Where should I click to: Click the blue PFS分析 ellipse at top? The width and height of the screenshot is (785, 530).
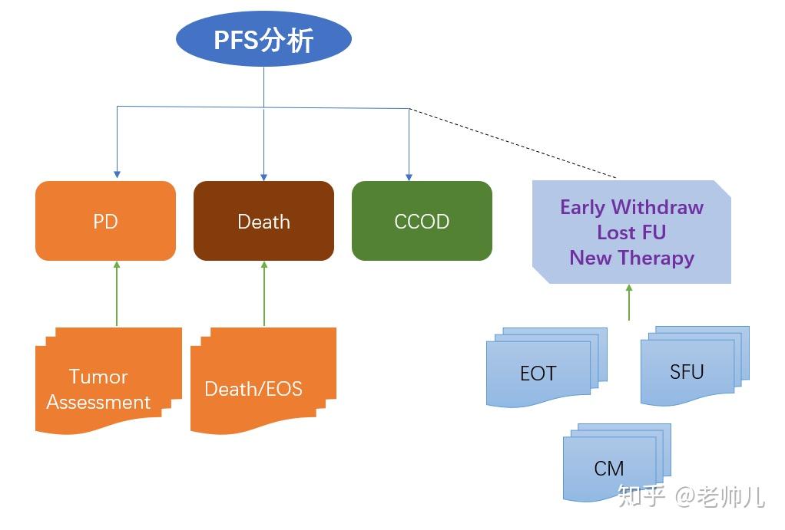click(x=263, y=39)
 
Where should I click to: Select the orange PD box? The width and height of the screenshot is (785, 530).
click(x=106, y=222)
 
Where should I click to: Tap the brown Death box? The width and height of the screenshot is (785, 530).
click(x=263, y=222)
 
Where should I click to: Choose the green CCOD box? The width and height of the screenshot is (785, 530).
click(x=422, y=222)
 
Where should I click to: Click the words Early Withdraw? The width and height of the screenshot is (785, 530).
click(x=631, y=207)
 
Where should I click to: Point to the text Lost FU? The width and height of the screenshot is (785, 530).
click(x=631, y=232)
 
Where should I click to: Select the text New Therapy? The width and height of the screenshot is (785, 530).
click(x=631, y=258)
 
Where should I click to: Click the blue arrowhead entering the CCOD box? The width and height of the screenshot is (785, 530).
click(x=409, y=176)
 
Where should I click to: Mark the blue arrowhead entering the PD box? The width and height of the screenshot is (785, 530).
click(x=117, y=176)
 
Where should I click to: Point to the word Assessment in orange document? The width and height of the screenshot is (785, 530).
click(x=98, y=402)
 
